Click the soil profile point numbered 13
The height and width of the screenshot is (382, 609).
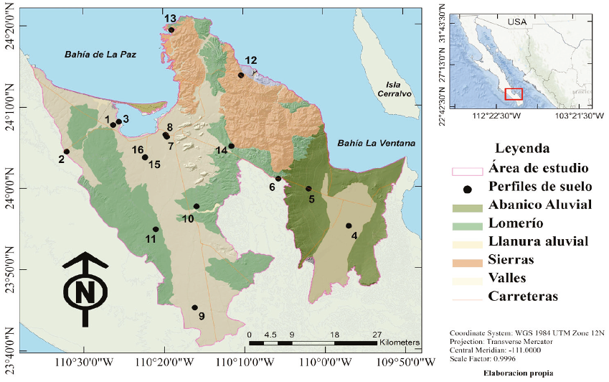pos(171,29)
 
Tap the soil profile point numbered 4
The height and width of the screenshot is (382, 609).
pos(349,225)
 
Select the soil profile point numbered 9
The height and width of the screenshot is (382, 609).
pos(194,307)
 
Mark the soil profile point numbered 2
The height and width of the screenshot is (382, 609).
pos(66,152)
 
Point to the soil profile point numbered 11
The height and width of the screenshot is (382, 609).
pos(156,229)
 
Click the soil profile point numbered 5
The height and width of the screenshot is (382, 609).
pos(308,189)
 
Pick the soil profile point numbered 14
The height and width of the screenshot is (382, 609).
pos(232,146)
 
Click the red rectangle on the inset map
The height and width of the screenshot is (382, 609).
pos(514,93)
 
